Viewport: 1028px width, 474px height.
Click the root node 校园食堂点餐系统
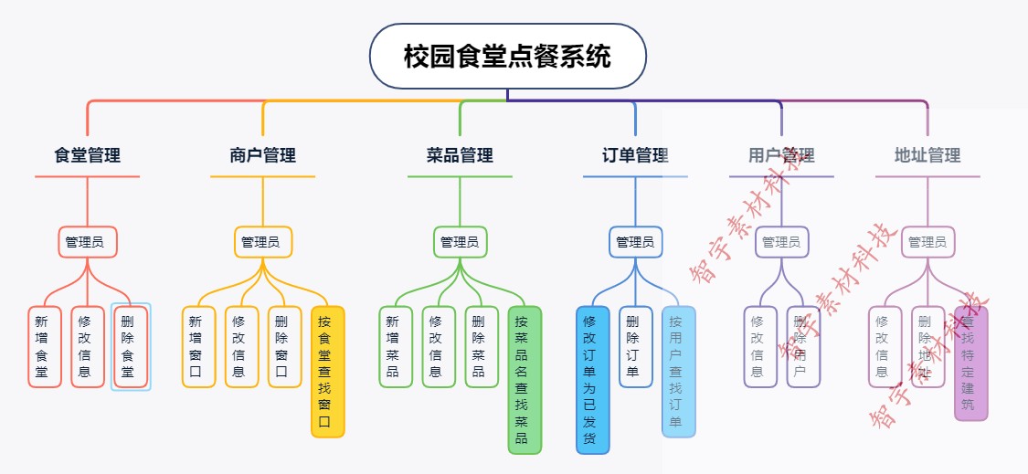pos(507,57)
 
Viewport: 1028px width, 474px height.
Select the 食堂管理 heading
pos(88,156)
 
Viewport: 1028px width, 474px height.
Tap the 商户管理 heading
pos(263,156)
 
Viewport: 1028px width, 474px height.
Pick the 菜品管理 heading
pos(460,156)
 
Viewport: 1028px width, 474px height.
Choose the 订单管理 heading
pos(636,156)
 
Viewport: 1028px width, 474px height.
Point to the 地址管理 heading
pos(927,156)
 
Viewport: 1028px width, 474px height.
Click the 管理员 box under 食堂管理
pos(88,242)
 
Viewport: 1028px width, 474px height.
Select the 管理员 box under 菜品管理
pos(460,242)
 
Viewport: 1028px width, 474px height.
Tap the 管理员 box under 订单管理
pos(635,242)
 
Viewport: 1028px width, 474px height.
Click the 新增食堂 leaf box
pos(44,346)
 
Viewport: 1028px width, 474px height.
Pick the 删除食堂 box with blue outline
pos(131,346)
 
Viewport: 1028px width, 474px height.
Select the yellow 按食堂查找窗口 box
pos(327,371)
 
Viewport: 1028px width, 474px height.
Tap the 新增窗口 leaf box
pos(197,346)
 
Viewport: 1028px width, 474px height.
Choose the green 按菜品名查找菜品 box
pos(525,379)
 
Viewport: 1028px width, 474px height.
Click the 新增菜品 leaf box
pos(395,346)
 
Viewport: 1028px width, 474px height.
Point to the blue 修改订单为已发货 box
pos(592,379)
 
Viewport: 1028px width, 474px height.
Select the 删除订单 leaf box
pos(635,346)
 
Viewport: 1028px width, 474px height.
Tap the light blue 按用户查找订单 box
pos(678,371)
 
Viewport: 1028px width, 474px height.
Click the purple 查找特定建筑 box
pos(970,363)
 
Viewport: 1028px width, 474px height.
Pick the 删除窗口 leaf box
pos(284,346)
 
